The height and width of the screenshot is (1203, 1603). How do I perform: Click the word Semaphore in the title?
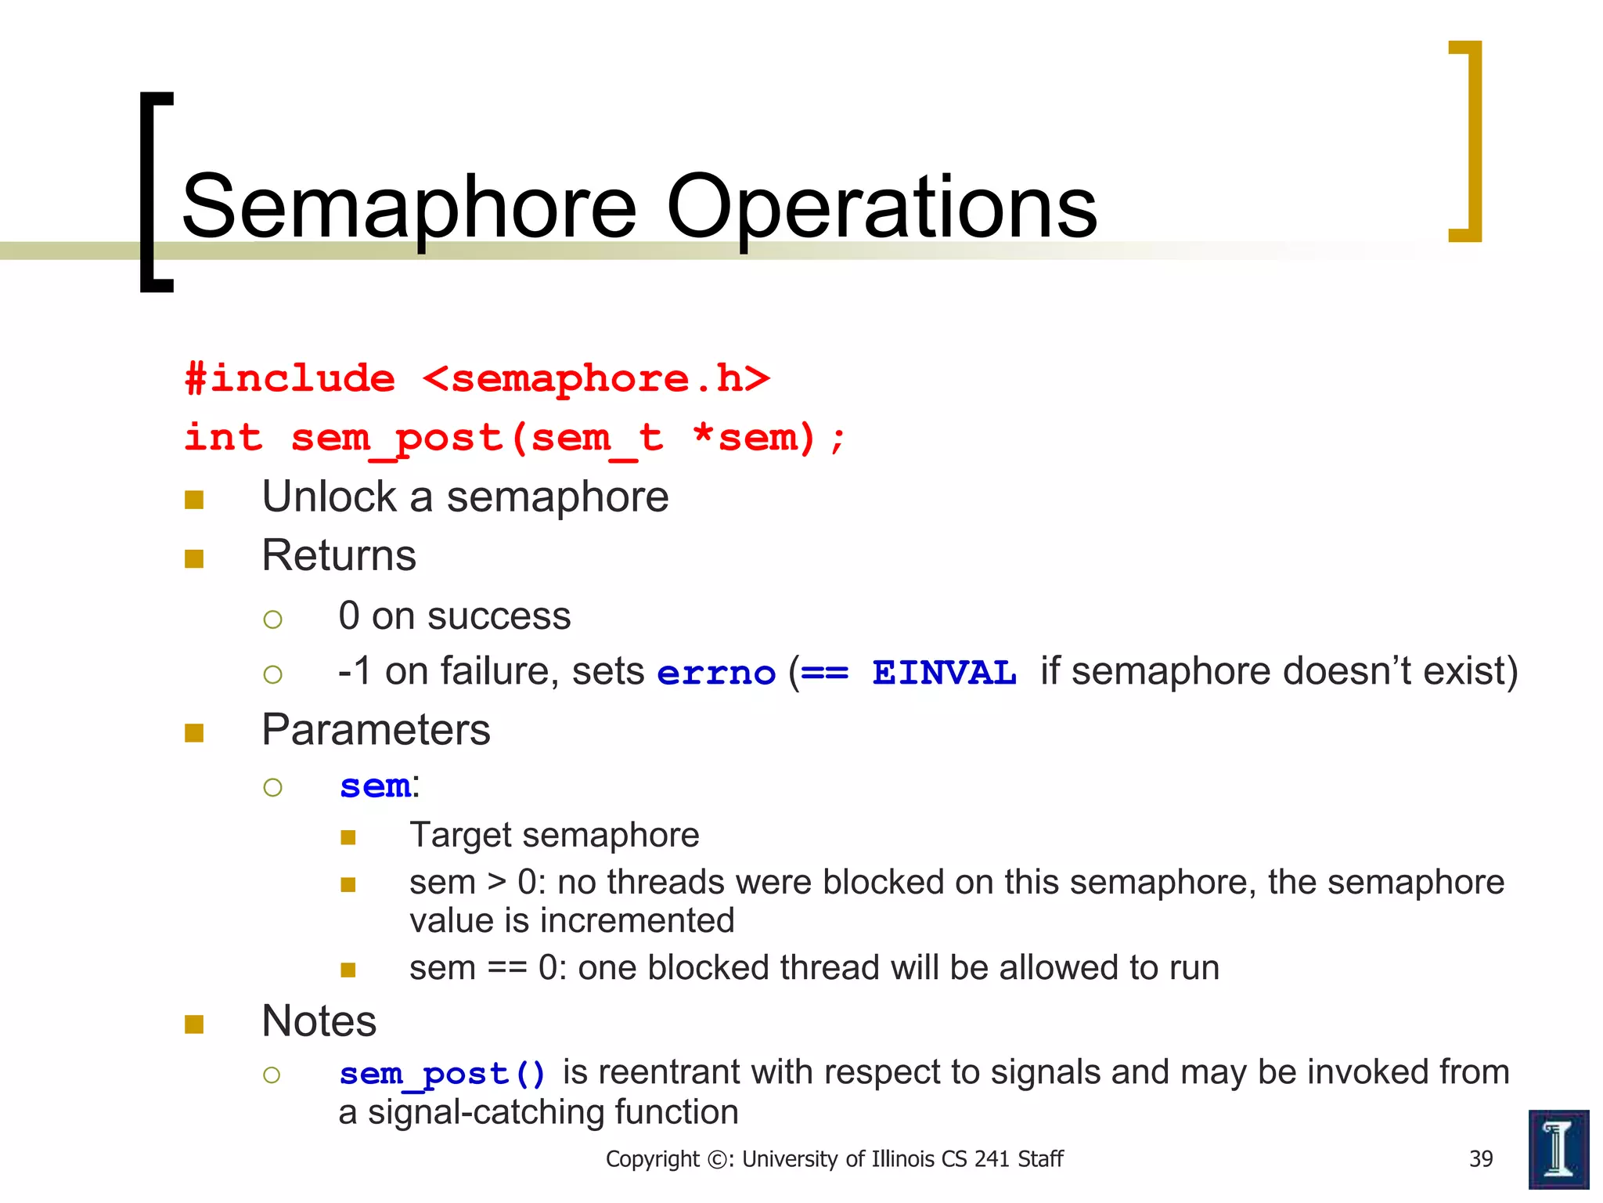409,208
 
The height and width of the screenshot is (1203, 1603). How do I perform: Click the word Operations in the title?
881,208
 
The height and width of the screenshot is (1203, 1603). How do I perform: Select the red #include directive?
290,379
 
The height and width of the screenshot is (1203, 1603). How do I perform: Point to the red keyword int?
223,438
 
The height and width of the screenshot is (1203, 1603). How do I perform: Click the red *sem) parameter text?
755,438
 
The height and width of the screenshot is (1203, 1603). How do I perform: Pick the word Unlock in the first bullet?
329,497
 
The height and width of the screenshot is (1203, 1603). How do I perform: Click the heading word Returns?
338,556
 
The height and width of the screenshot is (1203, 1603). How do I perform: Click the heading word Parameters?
376,731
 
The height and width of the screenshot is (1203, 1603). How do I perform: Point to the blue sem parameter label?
375,786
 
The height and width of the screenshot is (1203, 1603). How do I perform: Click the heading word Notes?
319,1022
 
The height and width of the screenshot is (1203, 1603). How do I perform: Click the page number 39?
1481,1159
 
